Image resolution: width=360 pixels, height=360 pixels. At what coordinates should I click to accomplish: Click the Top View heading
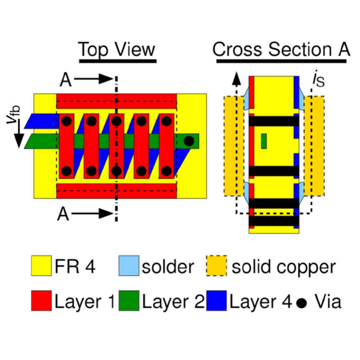pyautogui.click(x=117, y=50)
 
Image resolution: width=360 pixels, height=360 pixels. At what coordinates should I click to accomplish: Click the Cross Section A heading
pyautogui.click(x=281, y=49)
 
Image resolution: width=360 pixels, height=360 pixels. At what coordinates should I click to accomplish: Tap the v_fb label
pyautogui.click(x=13, y=114)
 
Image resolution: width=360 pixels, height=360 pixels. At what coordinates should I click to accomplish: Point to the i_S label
pyautogui.click(x=319, y=79)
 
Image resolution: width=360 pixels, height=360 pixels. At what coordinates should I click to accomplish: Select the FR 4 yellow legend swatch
pyautogui.click(x=41, y=266)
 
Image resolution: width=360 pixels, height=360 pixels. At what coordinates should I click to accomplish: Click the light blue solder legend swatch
pyautogui.click(x=129, y=266)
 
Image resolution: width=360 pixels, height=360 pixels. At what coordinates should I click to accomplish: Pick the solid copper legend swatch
pyautogui.click(x=216, y=266)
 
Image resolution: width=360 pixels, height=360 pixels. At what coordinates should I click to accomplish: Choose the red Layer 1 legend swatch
pyautogui.click(x=41, y=301)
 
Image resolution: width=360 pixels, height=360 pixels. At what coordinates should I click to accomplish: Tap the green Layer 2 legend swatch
pyautogui.click(x=129, y=301)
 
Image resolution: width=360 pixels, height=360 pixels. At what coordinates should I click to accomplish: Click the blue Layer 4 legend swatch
pyautogui.click(x=216, y=301)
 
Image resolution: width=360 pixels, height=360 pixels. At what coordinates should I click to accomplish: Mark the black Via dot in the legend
pyautogui.click(x=301, y=303)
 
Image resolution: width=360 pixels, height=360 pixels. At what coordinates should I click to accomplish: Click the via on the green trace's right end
pyautogui.click(x=189, y=141)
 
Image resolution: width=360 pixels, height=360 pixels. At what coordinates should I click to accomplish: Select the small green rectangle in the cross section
pyautogui.click(x=264, y=141)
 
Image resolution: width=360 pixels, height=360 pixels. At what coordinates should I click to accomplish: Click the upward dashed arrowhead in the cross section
pyautogui.click(x=236, y=79)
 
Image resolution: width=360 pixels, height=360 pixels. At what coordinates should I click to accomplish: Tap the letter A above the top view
pyautogui.click(x=66, y=80)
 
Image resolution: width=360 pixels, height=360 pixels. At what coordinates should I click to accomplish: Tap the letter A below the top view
pyautogui.click(x=63, y=214)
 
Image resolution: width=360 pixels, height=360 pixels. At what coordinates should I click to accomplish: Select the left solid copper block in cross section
pyautogui.click(x=234, y=146)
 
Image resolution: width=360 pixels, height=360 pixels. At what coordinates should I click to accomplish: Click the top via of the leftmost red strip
pyautogui.click(x=67, y=121)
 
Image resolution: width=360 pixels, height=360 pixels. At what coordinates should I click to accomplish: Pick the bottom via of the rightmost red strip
pyautogui.click(x=166, y=171)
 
